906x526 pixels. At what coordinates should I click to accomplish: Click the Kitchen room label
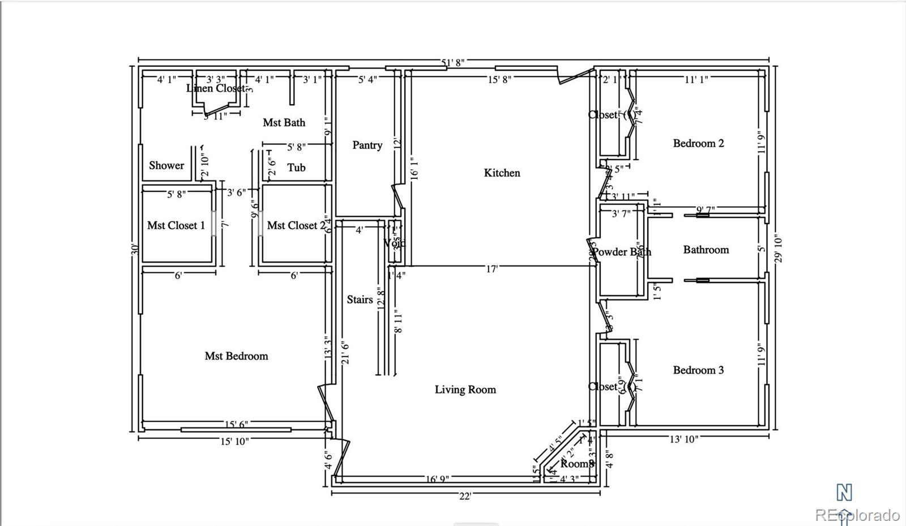(x=502, y=173)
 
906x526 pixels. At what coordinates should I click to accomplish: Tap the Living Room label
(x=465, y=390)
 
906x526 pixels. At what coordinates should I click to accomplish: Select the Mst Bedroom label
(x=236, y=356)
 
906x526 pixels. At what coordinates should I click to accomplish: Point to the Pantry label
(x=367, y=145)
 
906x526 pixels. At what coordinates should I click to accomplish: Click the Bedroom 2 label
(x=698, y=143)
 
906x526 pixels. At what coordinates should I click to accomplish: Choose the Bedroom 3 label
(x=698, y=370)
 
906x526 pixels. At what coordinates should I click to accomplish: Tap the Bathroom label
(x=706, y=250)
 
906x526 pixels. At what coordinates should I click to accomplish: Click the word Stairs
(x=360, y=300)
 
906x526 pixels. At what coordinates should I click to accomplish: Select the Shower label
(x=166, y=165)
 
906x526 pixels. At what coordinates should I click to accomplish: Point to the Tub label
(x=296, y=167)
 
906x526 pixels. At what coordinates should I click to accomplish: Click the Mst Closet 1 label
(x=176, y=225)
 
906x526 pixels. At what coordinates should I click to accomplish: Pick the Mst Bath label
(x=284, y=122)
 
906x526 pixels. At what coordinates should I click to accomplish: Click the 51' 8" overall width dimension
(x=452, y=62)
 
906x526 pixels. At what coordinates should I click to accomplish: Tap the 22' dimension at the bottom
(x=465, y=496)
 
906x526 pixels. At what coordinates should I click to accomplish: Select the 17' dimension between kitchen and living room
(x=492, y=269)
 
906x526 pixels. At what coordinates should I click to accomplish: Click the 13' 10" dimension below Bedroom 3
(x=683, y=439)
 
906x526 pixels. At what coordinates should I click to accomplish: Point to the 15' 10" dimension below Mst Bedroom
(x=234, y=441)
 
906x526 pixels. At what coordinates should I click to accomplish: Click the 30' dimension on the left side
(x=135, y=249)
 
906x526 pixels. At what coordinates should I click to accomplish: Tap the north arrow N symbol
(x=844, y=493)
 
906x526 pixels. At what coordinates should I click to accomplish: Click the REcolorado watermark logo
(x=857, y=515)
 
